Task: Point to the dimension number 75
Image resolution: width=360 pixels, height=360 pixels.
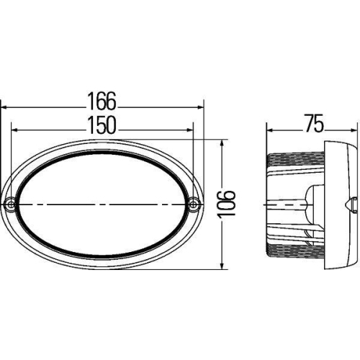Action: click(312, 124)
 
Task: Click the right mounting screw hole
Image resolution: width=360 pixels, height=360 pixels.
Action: click(194, 204)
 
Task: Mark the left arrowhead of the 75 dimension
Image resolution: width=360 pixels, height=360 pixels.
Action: click(270, 132)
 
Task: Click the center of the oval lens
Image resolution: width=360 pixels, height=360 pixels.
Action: click(102, 204)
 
